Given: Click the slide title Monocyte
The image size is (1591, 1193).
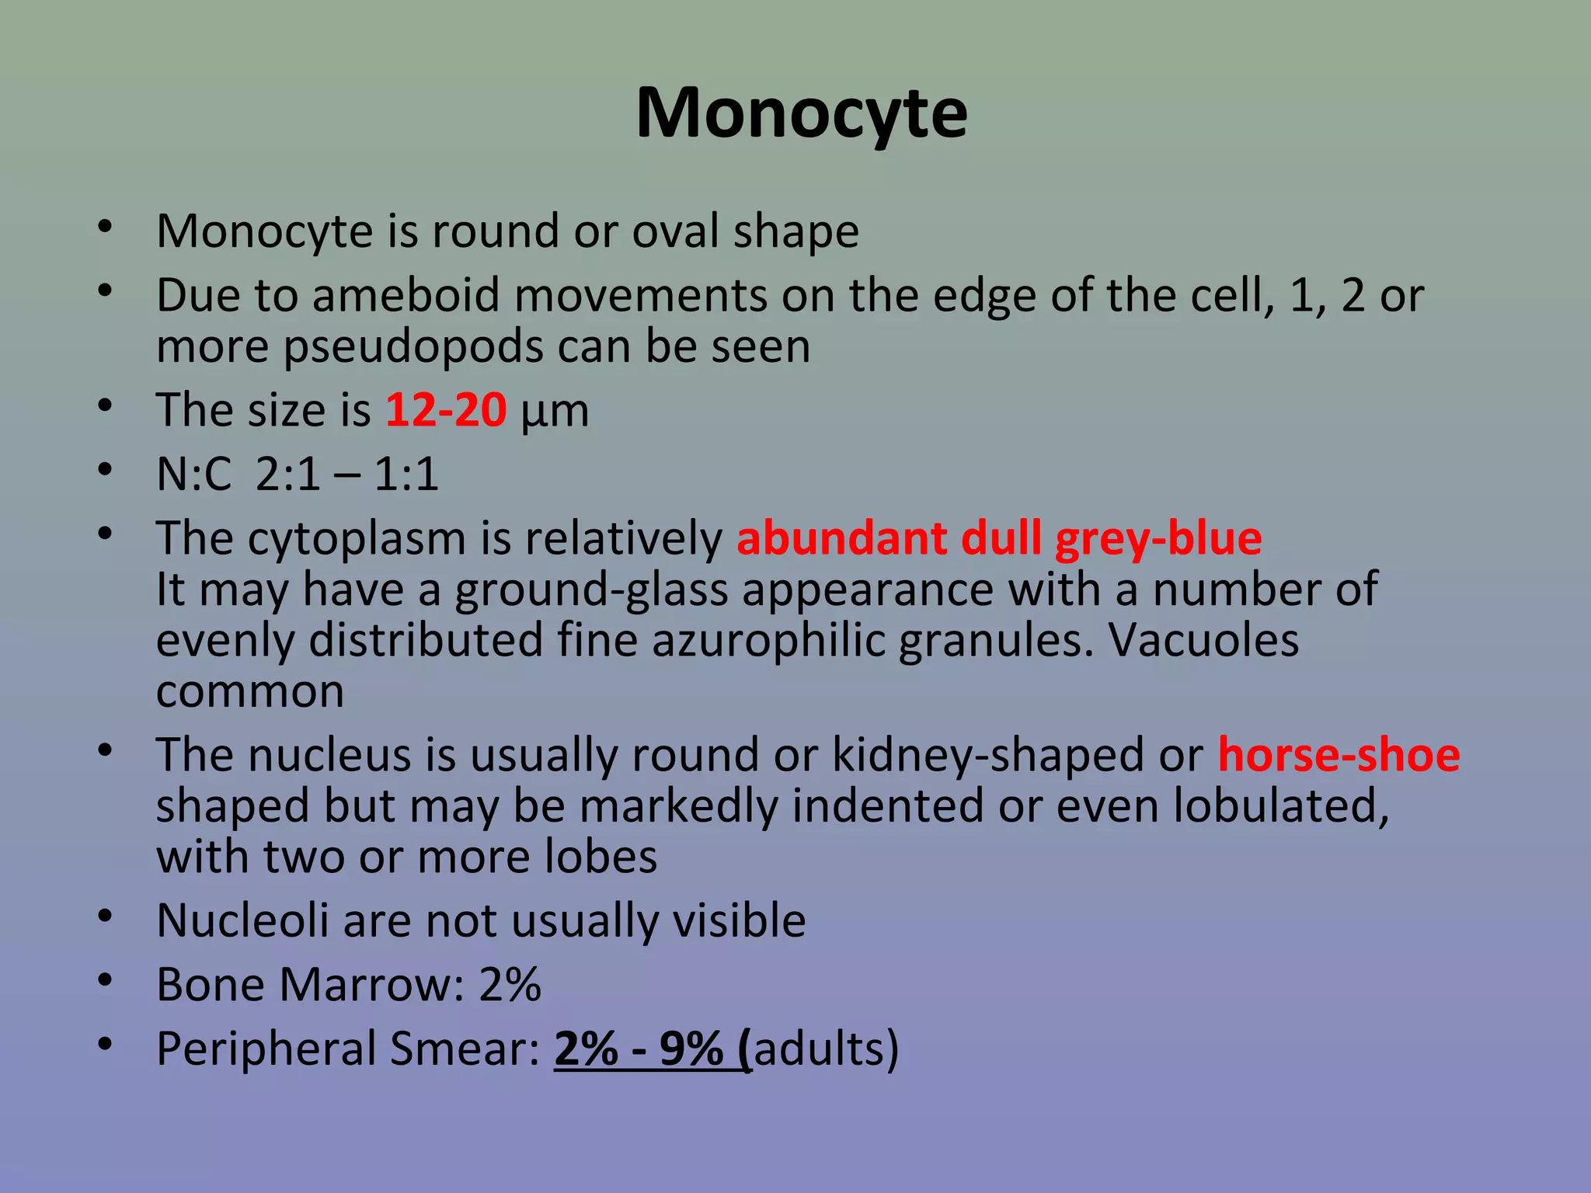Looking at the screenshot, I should tap(801, 113).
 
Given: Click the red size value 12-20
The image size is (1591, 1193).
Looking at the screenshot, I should tap(446, 410).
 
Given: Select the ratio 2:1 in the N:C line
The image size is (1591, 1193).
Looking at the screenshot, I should tap(287, 474).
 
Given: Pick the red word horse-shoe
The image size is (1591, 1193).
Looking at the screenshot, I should tap(1339, 755).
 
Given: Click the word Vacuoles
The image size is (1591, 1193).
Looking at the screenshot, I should tap(1203, 641).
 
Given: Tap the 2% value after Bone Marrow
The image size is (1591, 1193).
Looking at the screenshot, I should tap(510, 985).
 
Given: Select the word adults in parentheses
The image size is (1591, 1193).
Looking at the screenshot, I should tap(820, 1049).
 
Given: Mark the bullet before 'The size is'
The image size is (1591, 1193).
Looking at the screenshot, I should tap(106, 405).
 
